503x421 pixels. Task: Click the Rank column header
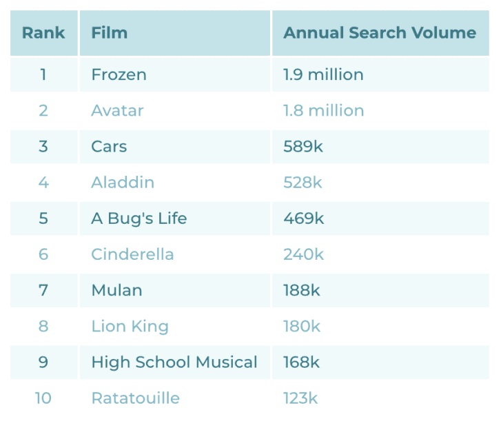43,33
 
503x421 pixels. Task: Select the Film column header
110,33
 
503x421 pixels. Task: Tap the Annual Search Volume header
380,33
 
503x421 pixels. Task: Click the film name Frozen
119,74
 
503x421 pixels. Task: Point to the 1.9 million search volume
323,74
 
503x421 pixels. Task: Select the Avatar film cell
117,110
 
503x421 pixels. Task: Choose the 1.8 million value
323,110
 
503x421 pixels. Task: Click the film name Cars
109,146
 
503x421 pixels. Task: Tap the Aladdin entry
123,183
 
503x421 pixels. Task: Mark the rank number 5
43,218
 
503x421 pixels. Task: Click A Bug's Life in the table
138,218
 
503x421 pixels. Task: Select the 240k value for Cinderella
303,254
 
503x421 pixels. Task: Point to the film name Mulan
116,290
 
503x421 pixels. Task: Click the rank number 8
43,326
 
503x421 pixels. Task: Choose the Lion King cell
130,326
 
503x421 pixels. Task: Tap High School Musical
174,362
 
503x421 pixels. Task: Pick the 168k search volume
302,362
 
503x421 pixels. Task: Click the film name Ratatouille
135,398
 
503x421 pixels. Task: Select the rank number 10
43,398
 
